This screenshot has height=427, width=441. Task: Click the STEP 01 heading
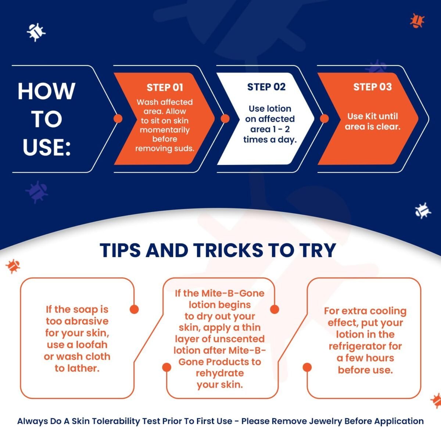(x=165, y=87)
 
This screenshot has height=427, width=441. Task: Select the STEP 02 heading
(x=266, y=87)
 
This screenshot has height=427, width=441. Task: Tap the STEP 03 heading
(x=373, y=87)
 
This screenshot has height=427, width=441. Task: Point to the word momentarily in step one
(x=165, y=130)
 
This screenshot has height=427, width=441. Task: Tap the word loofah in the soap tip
(x=92, y=345)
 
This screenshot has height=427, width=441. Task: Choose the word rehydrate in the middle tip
(x=220, y=373)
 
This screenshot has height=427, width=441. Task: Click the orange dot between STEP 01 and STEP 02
(x=225, y=119)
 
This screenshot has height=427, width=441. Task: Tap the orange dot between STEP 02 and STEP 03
(x=324, y=119)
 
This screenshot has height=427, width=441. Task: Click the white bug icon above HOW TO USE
(x=36, y=32)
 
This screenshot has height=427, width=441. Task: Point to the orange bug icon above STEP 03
(x=417, y=21)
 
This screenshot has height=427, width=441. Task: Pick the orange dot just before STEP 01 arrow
(x=118, y=119)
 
